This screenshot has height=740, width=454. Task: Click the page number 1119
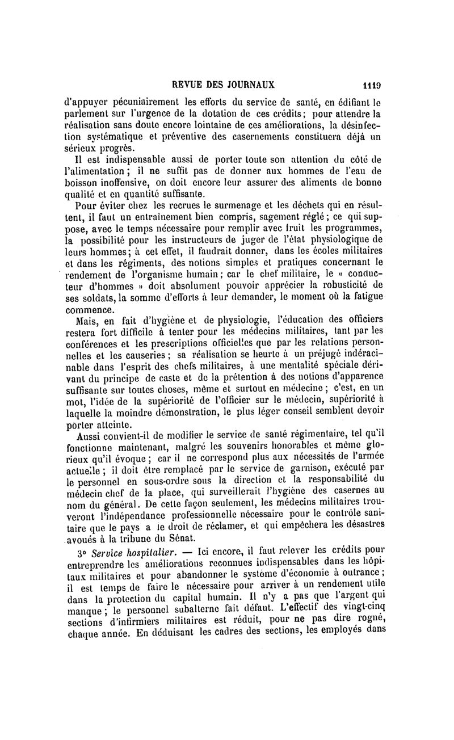pyautogui.click(x=372, y=86)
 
